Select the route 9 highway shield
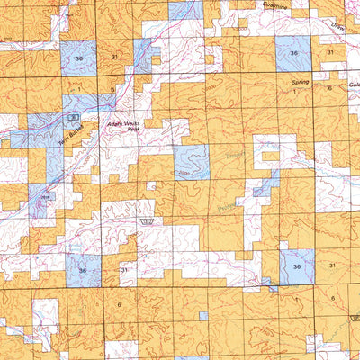(76, 118)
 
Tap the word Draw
(337, 25)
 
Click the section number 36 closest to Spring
(295, 54)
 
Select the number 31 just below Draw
(330, 54)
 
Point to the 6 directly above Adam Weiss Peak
(112, 91)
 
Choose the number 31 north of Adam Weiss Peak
(114, 56)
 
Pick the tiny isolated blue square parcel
(203, 315)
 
